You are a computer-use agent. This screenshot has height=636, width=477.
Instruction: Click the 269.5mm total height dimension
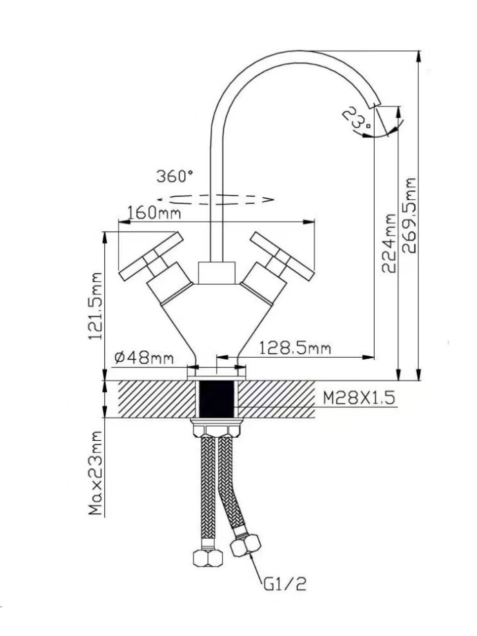[409, 216]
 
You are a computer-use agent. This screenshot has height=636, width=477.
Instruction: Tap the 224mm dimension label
[388, 243]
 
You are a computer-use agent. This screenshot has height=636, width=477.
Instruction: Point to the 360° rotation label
[174, 176]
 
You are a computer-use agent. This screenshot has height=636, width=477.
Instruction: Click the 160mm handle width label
[154, 213]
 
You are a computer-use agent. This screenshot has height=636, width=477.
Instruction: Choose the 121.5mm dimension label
[95, 306]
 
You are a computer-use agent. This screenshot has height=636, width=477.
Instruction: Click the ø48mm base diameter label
[144, 358]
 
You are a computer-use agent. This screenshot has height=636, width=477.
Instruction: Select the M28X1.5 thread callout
[359, 399]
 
